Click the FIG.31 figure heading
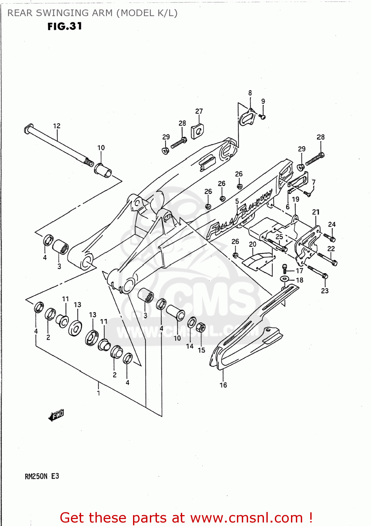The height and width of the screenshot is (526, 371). pyautogui.click(x=65, y=26)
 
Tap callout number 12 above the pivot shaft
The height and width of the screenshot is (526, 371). pyautogui.click(x=57, y=126)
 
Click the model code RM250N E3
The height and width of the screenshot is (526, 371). pyautogui.click(x=42, y=476)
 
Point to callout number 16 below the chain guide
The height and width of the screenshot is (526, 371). pyautogui.click(x=223, y=385)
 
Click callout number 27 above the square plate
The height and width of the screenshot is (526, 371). pyautogui.click(x=199, y=111)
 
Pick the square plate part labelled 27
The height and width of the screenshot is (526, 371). pyautogui.click(x=197, y=132)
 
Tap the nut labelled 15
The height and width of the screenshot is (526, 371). pyautogui.click(x=201, y=328)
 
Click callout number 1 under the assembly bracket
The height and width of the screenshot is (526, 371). pyautogui.click(x=99, y=393)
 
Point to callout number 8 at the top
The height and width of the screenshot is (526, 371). pyautogui.click(x=250, y=93)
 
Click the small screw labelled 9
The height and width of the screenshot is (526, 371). pyautogui.click(x=262, y=116)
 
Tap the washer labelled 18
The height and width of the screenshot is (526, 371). pyautogui.click(x=284, y=279)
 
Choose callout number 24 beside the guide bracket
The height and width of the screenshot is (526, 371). pyautogui.click(x=332, y=224)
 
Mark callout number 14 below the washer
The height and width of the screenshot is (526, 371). pyautogui.click(x=190, y=346)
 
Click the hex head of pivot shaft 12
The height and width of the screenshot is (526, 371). pyautogui.click(x=28, y=129)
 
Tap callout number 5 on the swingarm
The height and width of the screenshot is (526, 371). pyautogui.click(x=237, y=201)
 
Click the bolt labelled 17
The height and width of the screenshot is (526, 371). pyautogui.click(x=285, y=269)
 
